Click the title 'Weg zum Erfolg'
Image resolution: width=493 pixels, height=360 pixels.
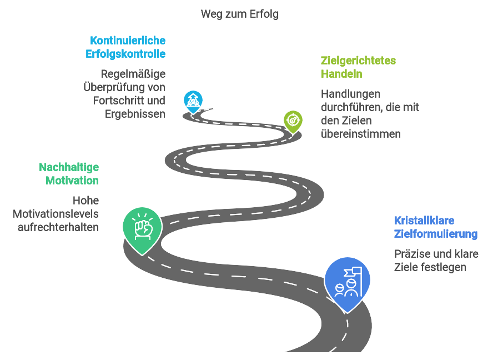(x=240, y=14)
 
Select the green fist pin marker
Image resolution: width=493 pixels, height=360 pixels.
(x=142, y=228)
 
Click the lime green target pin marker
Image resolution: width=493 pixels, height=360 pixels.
(x=293, y=119)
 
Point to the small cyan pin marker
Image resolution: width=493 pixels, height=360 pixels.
(x=193, y=101)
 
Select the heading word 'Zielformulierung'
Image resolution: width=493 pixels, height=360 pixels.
(x=436, y=234)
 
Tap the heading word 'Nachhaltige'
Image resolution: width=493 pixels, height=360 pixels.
(x=69, y=167)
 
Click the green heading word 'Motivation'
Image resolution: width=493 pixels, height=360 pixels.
(x=72, y=181)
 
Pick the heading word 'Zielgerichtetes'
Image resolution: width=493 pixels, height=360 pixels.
(x=359, y=61)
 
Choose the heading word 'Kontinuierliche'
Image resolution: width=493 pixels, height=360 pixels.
(x=128, y=41)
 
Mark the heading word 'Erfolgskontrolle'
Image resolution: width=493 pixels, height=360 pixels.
(x=125, y=54)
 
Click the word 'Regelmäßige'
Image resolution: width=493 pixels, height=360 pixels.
(x=133, y=74)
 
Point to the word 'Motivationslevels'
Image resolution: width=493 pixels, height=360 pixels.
(x=56, y=214)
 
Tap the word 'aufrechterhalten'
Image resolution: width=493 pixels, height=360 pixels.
(x=58, y=227)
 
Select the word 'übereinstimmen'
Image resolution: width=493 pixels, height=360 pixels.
(x=361, y=134)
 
